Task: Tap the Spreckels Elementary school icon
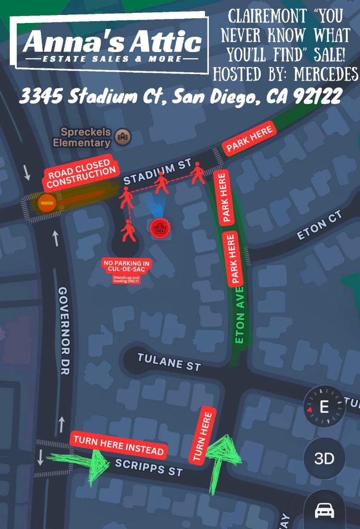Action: (x=123, y=137)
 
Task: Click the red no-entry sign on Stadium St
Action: (x=46, y=204)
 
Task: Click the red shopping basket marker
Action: (x=159, y=228)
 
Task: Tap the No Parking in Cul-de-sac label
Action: (x=126, y=267)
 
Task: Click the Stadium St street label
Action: (x=156, y=174)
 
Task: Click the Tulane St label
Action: (x=169, y=361)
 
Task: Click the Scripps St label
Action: (x=148, y=467)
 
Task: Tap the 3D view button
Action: (x=324, y=459)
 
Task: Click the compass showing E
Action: (x=324, y=406)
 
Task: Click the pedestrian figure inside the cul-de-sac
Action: (x=129, y=231)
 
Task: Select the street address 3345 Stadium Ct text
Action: (x=180, y=96)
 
